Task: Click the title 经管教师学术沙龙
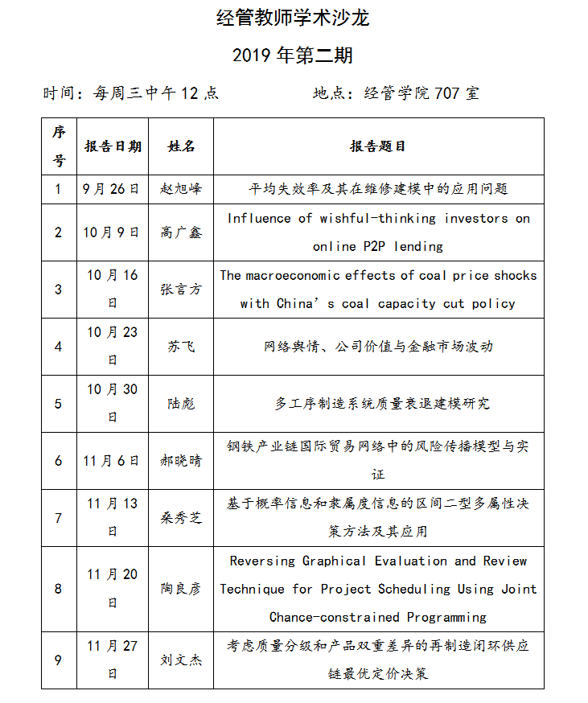tap(293, 18)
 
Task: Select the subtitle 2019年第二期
tap(293, 55)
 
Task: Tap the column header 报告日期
tap(113, 146)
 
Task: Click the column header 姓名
tap(181, 146)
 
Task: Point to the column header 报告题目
tap(378, 146)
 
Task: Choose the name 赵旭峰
tap(181, 189)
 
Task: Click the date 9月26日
tap(112, 189)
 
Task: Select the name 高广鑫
tap(181, 232)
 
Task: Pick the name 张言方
tap(181, 290)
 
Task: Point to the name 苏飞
tap(181, 347)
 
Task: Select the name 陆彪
tap(181, 404)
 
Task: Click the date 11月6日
tap(112, 461)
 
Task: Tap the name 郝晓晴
tap(181, 461)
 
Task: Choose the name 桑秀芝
tap(181, 518)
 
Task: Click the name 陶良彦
tap(181, 589)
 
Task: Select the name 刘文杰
tap(181, 660)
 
